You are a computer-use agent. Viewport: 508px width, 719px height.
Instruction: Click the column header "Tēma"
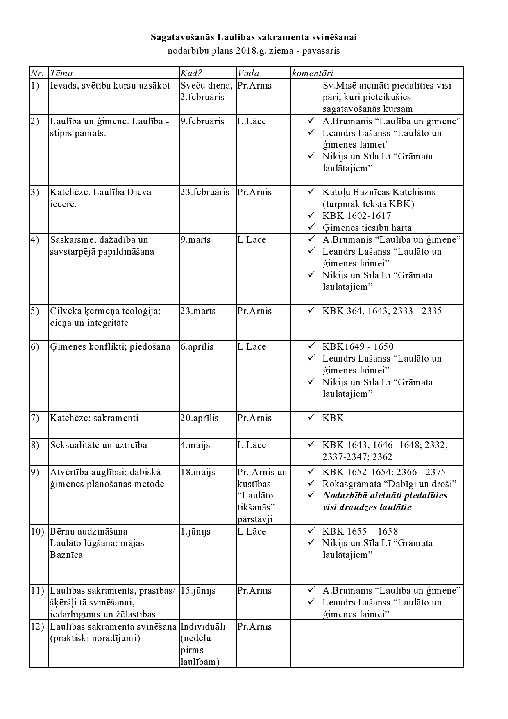pos(61,73)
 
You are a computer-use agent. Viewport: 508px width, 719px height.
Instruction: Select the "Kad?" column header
pos(191,73)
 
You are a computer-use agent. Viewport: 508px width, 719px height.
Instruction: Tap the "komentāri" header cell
pos(312,73)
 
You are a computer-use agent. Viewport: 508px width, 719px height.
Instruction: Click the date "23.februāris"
pos(205,192)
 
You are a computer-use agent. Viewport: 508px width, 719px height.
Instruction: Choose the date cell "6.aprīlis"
pos(197,346)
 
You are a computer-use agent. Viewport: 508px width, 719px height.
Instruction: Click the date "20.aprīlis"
pos(199,418)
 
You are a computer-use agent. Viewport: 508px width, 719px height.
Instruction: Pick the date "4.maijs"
pos(195,445)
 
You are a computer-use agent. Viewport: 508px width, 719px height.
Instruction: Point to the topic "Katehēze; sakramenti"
pos(94,418)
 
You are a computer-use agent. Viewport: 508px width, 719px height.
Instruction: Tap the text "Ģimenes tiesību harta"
pos(367,228)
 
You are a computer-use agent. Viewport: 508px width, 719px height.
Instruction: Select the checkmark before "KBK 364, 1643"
pos(311,310)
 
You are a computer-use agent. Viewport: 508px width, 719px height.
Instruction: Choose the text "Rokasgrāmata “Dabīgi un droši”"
pos(389,484)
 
